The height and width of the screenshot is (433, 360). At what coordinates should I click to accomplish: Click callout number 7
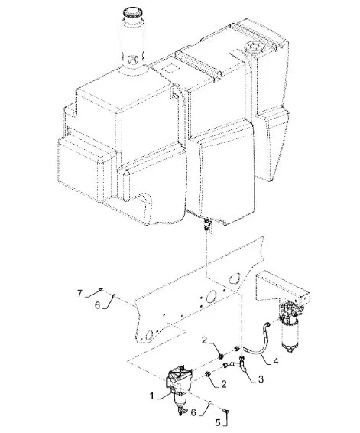pyautogui.click(x=79, y=293)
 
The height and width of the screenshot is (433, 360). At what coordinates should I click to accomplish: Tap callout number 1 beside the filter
pyautogui.click(x=152, y=396)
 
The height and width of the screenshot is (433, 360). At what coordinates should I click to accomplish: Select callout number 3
pyautogui.click(x=261, y=379)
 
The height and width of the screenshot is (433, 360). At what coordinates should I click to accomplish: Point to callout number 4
pyautogui.click(x=276, y=361)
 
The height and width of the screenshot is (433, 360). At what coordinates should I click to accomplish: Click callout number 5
pyautogui.click(x=218, y=422)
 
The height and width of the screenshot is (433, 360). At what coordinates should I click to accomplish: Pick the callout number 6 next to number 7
pyautogui.click(x=97, y=305)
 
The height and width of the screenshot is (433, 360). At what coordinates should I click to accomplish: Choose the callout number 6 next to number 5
pyautogui.click(x=193, y=412)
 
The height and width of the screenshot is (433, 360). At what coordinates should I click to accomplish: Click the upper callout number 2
pyautogui.click(x=204, y=340)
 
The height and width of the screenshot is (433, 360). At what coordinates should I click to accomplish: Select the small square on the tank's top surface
pyautogui.click(x=170, y=67)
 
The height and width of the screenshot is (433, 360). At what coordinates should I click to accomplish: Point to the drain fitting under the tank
pyautogui.click(x=206, y=223)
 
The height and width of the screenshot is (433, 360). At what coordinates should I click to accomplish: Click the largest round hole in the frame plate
pyautogui.click(x=211, y=296)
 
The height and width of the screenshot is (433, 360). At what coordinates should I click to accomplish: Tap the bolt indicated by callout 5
pyautogui.click(x=226, y=412)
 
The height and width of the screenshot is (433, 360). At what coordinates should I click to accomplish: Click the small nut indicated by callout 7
pyautogui.click(x=101, y=289)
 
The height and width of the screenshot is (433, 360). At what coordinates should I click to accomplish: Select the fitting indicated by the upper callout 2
pyautogui.click(x=221, y=356)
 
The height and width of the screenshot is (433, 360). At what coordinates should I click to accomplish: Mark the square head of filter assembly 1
pyautogui.click(x=177, y=376)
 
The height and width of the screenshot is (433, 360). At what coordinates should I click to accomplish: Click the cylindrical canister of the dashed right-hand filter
pyautogui.click(x=290, y=333)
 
